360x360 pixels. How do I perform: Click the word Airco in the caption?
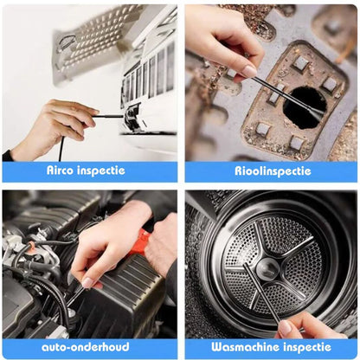(x=63, y=171)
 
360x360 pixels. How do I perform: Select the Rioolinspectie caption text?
(x=270, y=171)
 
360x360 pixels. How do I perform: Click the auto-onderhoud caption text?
(x=90, y=346)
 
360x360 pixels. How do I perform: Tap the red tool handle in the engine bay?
(x=138, y=241)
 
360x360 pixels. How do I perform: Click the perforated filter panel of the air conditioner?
(x=91, y=39)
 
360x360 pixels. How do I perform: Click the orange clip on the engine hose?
(x=30, y=248)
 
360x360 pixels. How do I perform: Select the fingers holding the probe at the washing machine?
(x=299, y=324)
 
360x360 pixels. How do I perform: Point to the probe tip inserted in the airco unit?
(x=127, y=115)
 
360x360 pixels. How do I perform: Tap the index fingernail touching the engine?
(x=87, y=282)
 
